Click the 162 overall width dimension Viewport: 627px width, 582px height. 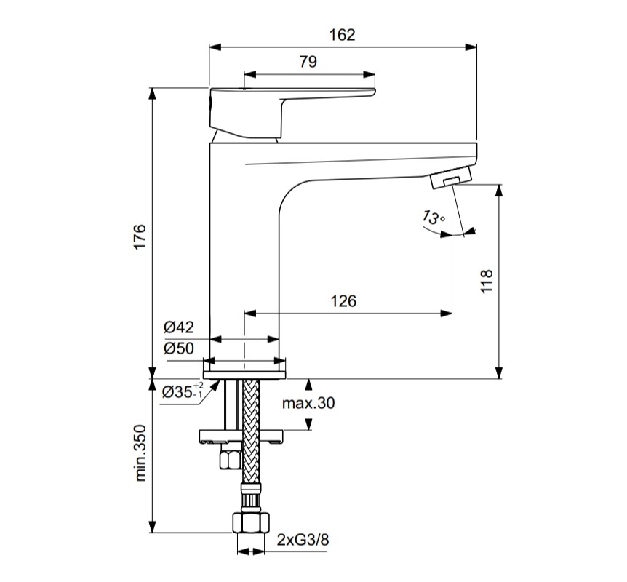[x=343, y=34]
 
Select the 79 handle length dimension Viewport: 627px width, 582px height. [x=308, y=62]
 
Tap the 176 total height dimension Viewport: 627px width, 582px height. [x=140, y=238]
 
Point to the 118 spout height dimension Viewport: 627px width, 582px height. [x=487, y=282]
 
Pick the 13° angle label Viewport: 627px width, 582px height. [x=432, y=218]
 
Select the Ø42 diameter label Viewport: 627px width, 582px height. [x=178, y=327]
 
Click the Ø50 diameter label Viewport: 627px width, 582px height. [x=178, y=348]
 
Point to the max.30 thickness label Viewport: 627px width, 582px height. [x=310, y=403]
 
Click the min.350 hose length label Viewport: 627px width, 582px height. [x=140, y=453]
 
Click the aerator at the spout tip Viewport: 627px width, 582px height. [x=451, y=178]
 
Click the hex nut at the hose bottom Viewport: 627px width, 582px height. [x=250, y=523]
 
